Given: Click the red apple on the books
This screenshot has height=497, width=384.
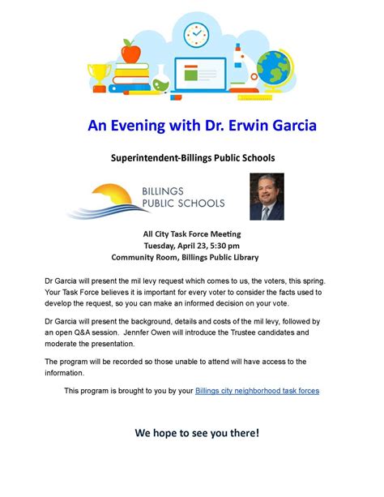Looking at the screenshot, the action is (x=130, y=54).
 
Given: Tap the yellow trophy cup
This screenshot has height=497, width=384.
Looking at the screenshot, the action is (x=101, y=76).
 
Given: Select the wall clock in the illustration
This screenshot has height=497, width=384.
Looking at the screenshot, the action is (x=196, y=35).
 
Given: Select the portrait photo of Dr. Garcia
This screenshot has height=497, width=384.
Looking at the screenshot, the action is (x=267, y=196).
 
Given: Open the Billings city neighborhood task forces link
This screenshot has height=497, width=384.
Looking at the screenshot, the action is (x=257, y=390).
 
